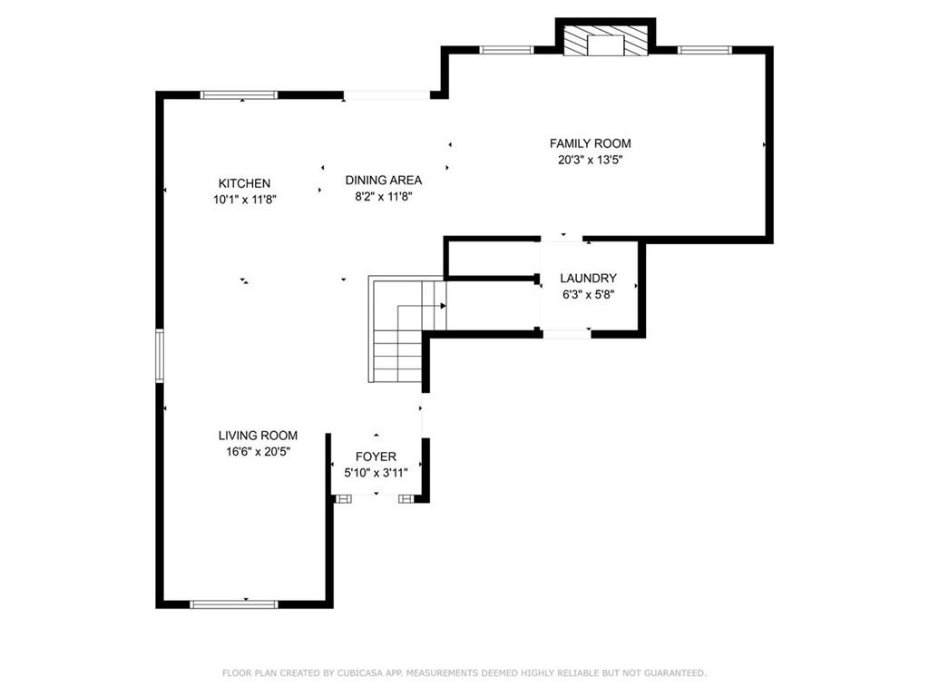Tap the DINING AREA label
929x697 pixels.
tap(383, 180)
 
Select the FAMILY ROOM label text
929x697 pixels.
tap(590, 143)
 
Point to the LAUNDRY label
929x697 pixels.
tap(588, 279)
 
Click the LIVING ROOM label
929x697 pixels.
tap(258, 436)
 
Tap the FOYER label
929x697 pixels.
tap(376, 456)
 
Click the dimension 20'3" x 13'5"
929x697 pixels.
tap(590, 160)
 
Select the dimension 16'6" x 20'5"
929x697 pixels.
tap(258, 451)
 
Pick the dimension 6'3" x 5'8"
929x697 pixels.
tap(588, 294)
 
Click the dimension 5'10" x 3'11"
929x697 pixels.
tap(376, 472)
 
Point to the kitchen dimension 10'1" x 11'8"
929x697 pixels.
tap(244, 200)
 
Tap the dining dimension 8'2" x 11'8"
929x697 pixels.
tap(383, 196)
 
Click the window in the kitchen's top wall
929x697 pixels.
tap(239, 94)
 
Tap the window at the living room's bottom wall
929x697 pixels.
tap(233, 604)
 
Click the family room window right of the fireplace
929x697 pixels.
tap(704, 50)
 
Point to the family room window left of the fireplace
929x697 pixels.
tap(505, 50)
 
